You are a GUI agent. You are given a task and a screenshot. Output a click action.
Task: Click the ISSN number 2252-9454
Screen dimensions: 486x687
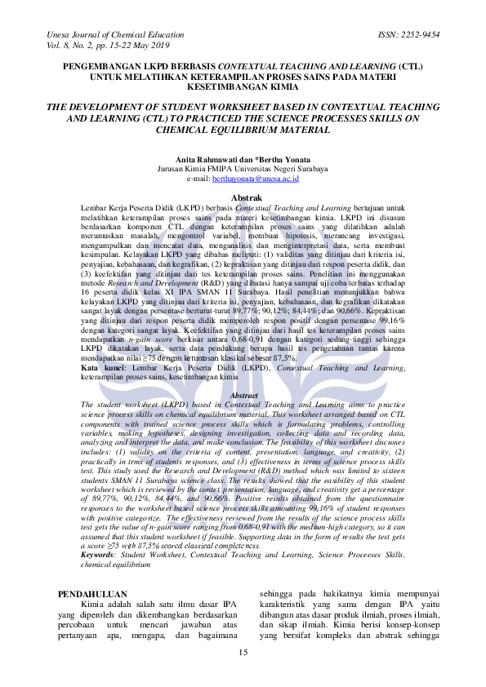420,35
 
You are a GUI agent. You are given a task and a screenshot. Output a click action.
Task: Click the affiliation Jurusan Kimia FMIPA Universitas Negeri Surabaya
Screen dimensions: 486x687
243,167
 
